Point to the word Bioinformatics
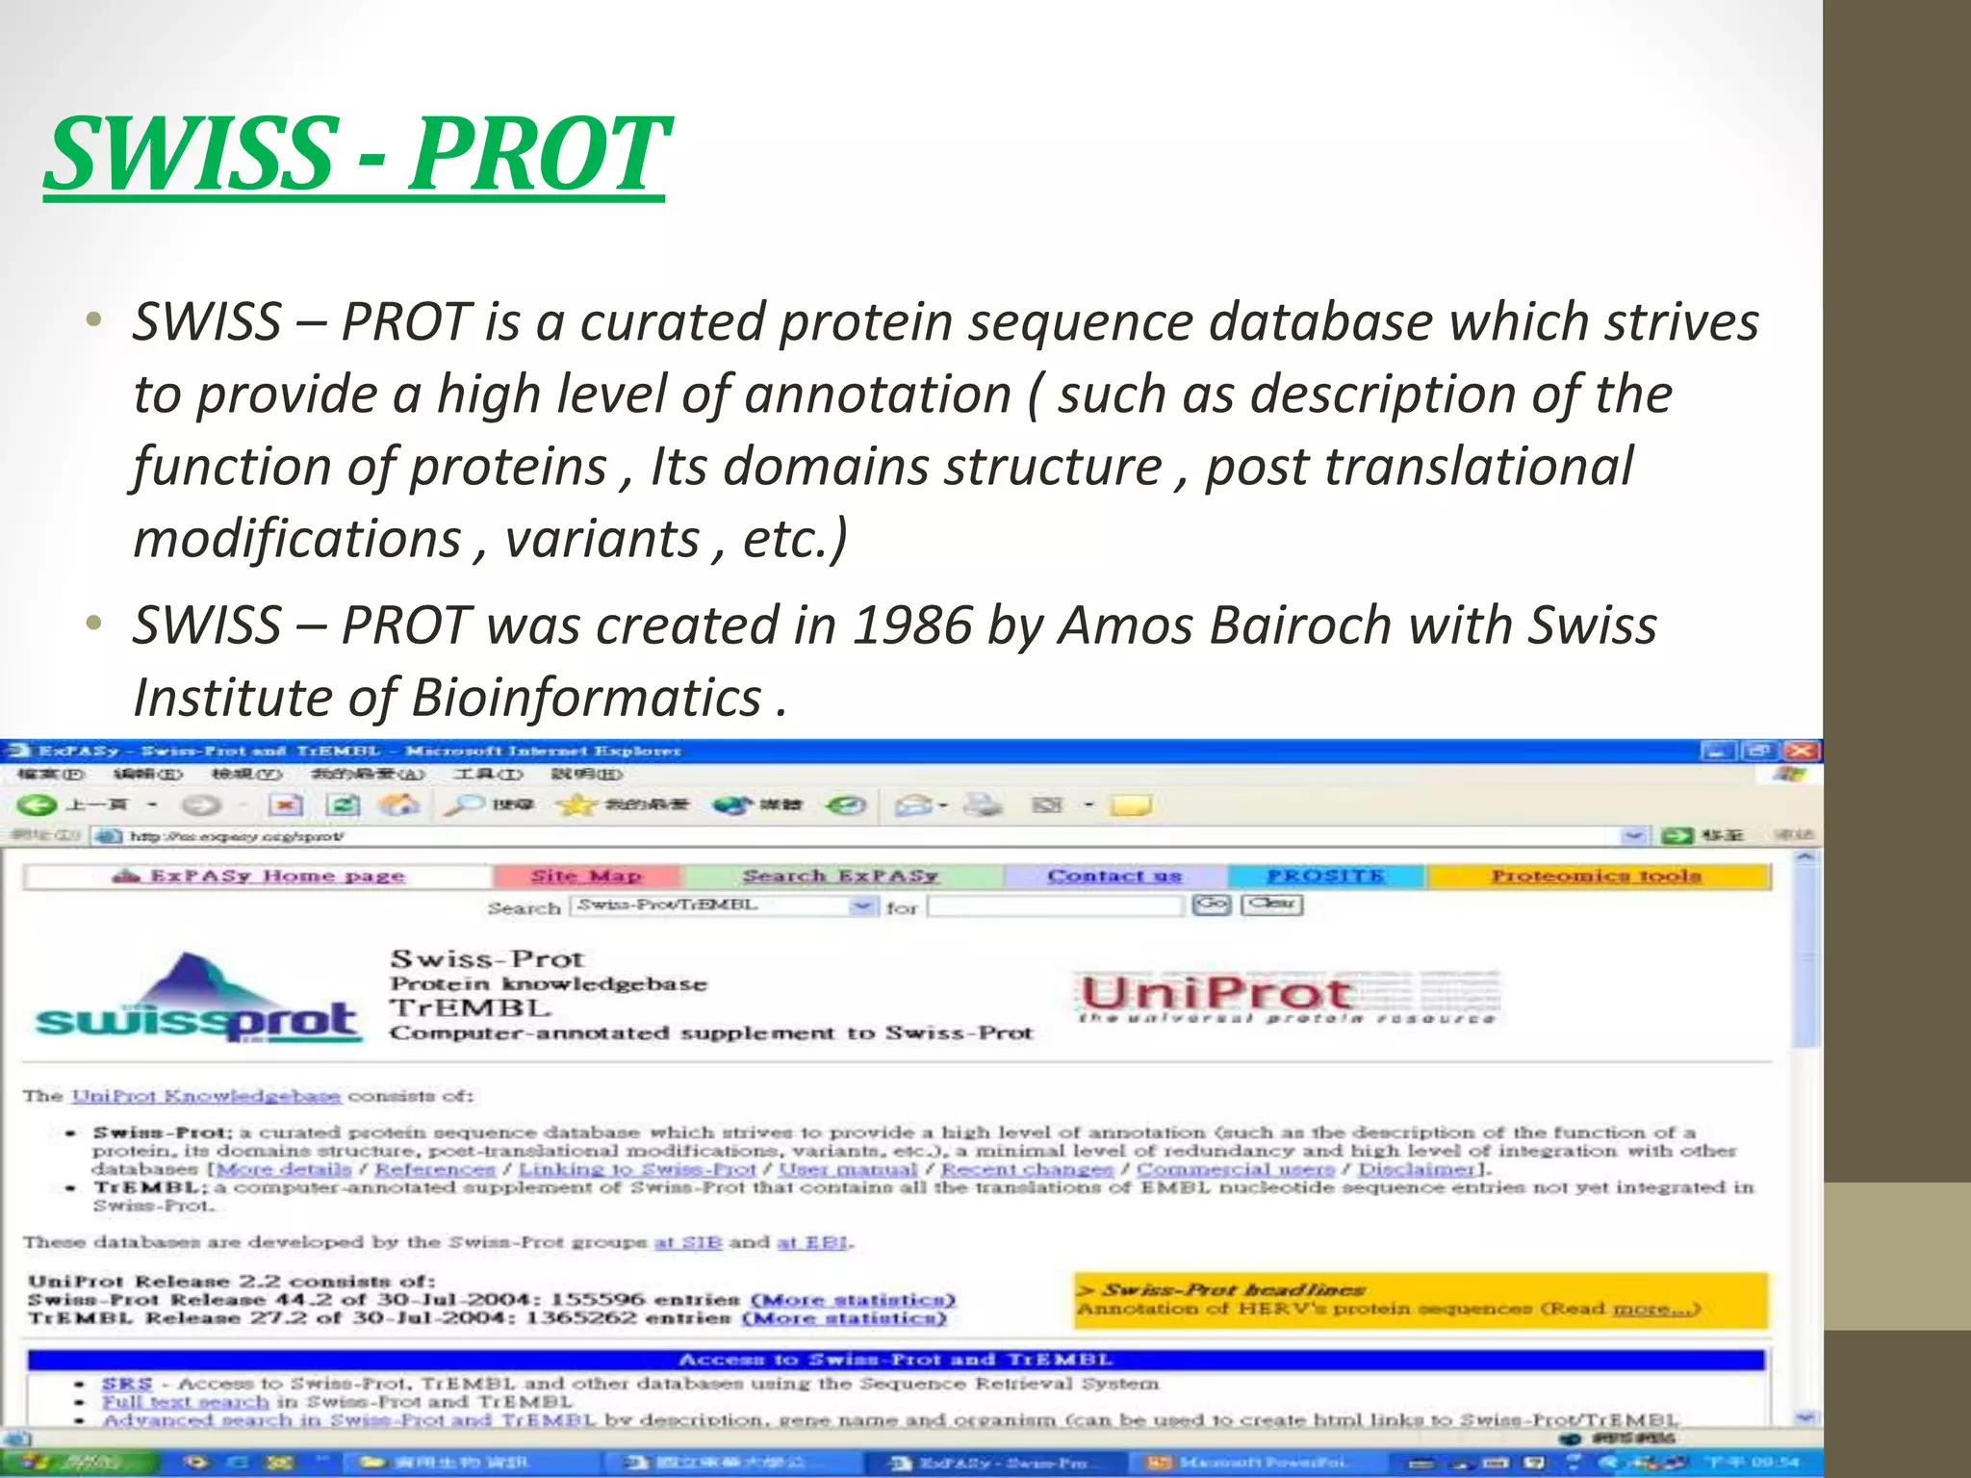586,698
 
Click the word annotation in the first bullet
878,395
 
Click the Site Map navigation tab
586,876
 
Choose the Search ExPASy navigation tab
840,876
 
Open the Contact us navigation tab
1114,876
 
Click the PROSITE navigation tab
1325,876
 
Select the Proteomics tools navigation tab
1596,876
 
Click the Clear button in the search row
1271,905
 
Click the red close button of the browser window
1803,751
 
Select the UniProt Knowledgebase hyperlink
206,1096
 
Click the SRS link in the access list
127,1384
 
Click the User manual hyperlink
848,1169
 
